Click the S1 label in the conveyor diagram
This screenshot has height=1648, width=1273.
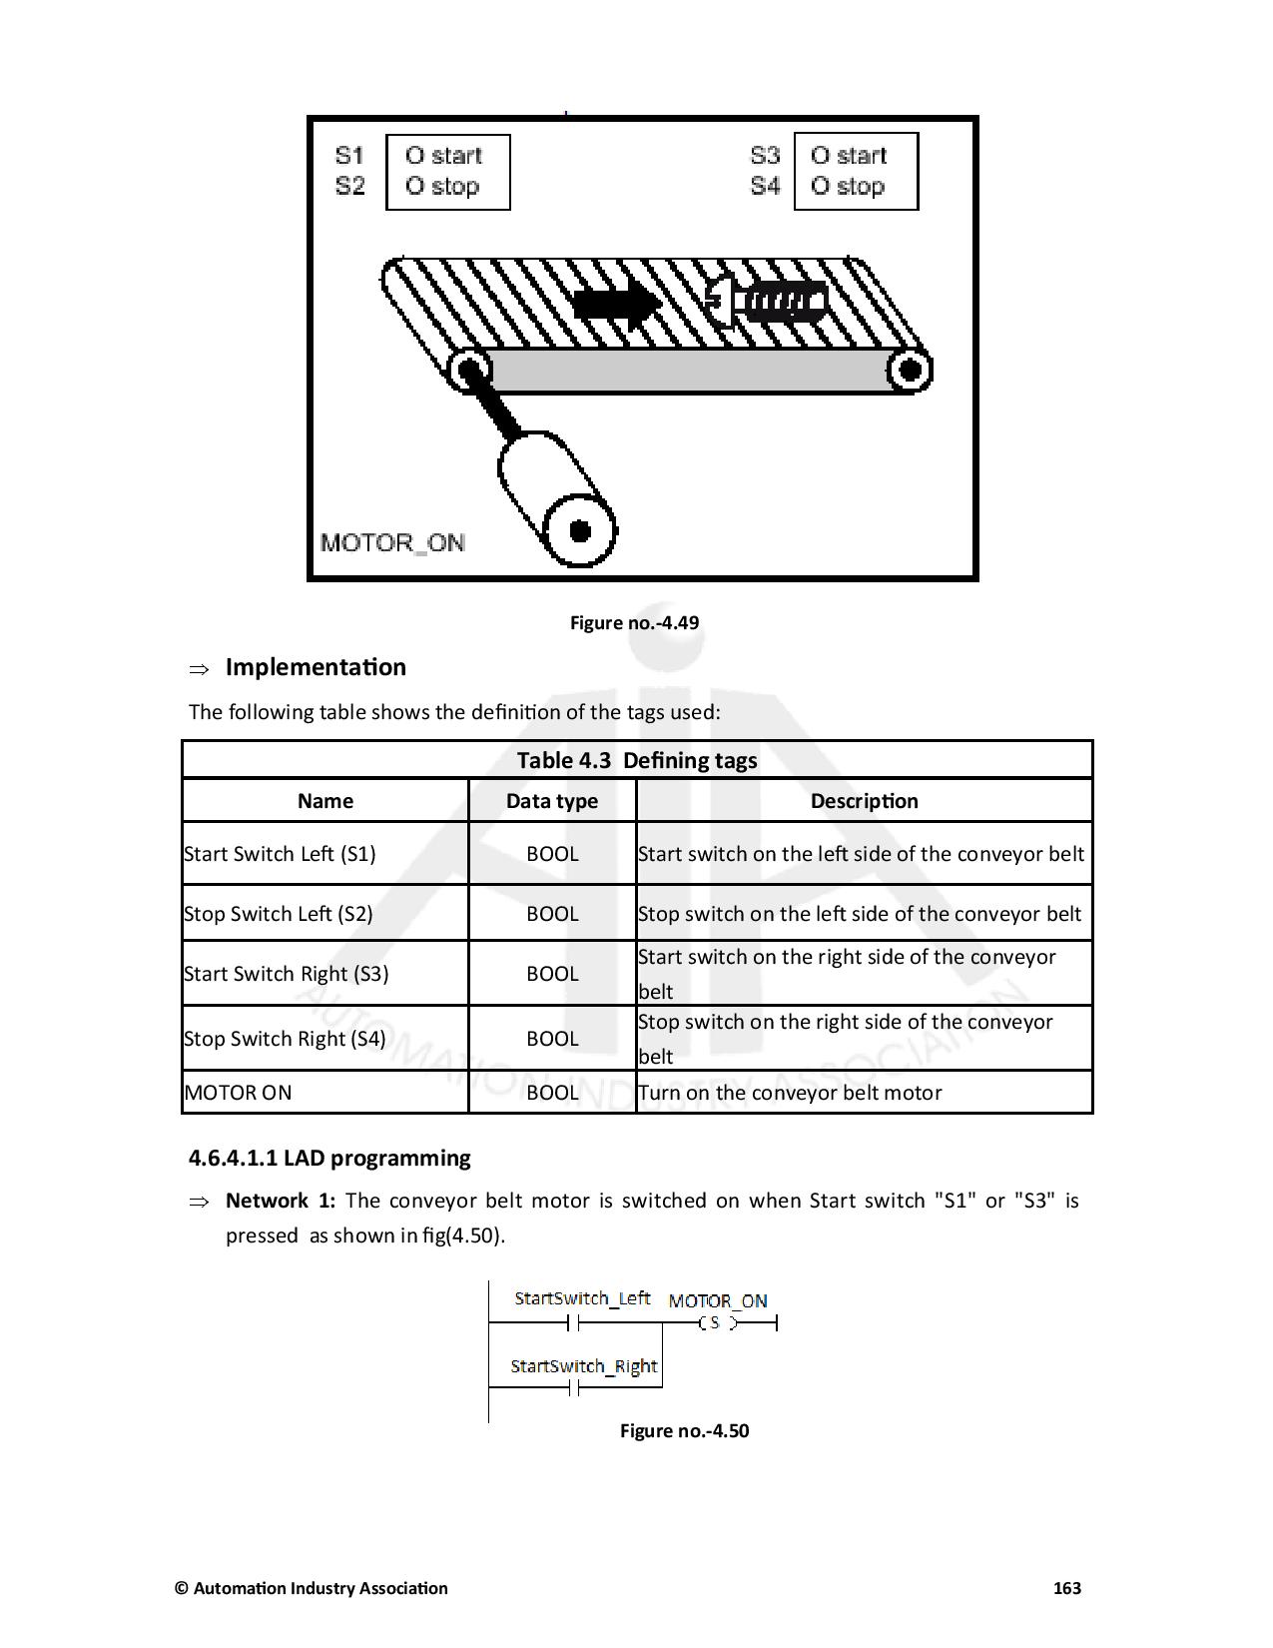349,155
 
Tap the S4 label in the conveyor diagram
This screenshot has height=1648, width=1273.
765,186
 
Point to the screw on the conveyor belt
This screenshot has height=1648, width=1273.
766,301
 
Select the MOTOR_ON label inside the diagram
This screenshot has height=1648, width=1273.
392,542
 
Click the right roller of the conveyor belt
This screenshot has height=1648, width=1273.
909,371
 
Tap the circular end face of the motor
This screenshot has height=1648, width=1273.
579,530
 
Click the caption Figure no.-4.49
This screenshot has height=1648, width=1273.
634,622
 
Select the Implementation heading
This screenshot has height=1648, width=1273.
316,667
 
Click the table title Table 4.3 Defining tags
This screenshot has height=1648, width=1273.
637,760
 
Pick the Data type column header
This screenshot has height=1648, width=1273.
552,801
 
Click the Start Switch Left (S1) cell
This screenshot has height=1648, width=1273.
281,854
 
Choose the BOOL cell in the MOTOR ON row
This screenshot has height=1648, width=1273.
552,1093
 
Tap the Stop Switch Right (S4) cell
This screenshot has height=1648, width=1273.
286,1039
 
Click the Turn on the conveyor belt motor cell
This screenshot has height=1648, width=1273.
790,1093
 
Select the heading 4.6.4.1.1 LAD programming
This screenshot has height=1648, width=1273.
329,1158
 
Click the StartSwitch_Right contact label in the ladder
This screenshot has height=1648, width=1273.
584,1365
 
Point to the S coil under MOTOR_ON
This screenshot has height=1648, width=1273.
715,1322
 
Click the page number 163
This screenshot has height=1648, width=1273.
1067,1588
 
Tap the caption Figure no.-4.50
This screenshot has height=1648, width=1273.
684,1430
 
